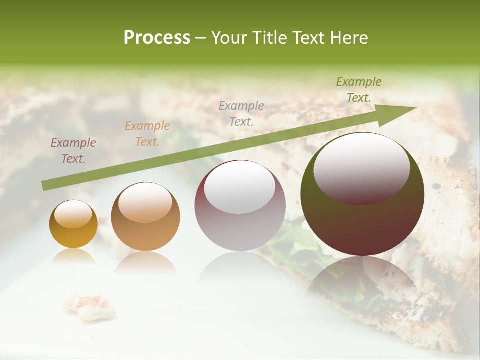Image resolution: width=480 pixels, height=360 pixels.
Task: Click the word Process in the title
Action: tap(157, 38)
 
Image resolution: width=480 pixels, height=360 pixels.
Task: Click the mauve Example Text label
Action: tap(73, 151)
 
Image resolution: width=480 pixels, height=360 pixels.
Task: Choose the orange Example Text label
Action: tap(147, 134)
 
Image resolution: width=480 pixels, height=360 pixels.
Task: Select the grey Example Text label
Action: tap(241, 113)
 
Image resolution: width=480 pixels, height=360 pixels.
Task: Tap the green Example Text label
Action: tap(358, 90)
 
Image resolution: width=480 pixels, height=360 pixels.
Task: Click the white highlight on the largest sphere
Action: tap(361, 167)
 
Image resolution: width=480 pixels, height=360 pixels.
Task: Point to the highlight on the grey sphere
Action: tap(240, 188)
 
